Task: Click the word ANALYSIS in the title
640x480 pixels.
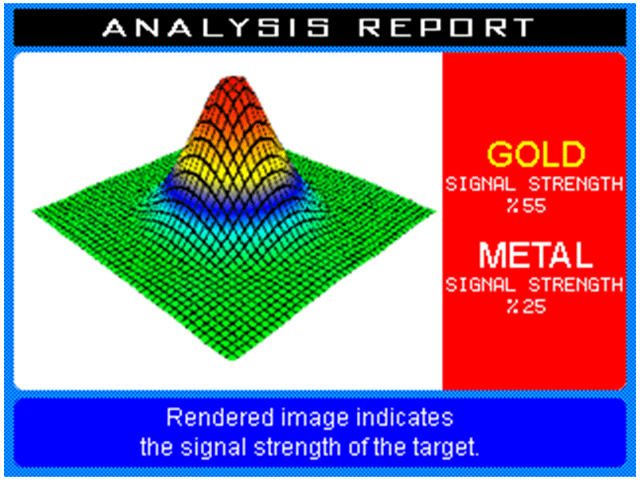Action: pos(216,27)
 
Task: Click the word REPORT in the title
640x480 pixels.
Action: pos(448,27)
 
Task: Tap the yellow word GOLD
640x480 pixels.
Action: pos(536,154)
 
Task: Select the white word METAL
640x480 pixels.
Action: pos(535,254)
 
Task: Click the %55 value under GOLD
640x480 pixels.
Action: pos(526,206)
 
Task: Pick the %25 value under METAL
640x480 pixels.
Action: pos(526,306)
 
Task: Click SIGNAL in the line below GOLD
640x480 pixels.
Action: pos(481,185)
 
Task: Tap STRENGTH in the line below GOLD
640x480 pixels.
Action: pos(576,185)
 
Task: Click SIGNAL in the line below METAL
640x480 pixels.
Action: pos(481,285)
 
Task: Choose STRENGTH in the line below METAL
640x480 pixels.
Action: pos(576,285)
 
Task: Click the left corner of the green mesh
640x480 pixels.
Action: pos(32,211)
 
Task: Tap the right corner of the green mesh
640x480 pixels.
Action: pos(436,211)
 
